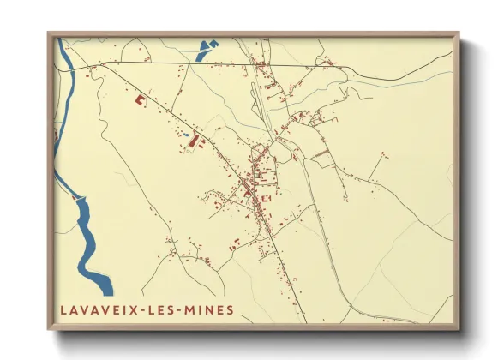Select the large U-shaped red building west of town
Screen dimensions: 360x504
[x=140, y=100]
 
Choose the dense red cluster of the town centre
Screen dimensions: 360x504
[x=253, y=184]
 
